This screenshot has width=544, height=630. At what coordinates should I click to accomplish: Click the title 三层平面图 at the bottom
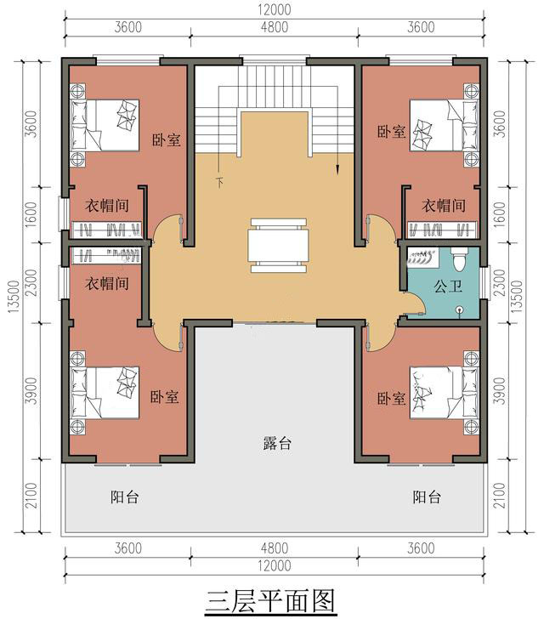point(270,602)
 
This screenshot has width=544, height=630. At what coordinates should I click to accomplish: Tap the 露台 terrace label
point(277,443)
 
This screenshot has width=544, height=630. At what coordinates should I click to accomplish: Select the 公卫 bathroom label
point(448,287)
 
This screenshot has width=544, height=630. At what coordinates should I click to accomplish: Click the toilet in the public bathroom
point(460,258)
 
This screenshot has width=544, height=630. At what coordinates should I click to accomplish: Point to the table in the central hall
point(279,245)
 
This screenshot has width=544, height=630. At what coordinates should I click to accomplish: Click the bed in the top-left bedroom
point(105,125)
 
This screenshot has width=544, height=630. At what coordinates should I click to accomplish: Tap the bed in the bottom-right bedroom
point(444,393)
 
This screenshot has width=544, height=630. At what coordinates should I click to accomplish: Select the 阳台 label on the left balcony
point(125,497)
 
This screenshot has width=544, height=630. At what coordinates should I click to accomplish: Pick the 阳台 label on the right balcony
point(427,497)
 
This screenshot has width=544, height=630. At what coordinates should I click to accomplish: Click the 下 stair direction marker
point(219,183)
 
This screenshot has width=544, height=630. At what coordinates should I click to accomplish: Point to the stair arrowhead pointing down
point(338,170)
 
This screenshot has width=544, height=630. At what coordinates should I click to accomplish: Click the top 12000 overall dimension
point(275,9)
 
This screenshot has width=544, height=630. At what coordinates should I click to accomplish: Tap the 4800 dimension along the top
point(275,27)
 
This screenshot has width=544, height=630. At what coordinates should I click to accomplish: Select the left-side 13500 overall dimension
point(14,297)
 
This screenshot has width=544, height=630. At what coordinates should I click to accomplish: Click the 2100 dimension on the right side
point(499,496)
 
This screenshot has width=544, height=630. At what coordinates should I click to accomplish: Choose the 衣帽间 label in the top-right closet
point(444,206)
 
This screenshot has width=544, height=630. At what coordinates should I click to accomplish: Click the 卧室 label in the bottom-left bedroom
point(164,397)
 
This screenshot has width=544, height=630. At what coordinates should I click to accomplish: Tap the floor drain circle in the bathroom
point(460,309)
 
